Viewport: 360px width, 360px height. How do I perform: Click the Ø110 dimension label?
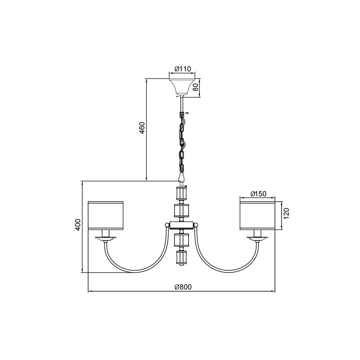[x=183, y=69]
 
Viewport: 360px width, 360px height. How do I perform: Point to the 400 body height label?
[x=78, y=225]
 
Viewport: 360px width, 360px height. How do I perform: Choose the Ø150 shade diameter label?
[x=258, y=194]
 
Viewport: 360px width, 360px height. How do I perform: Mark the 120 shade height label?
[x=286, y=213]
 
